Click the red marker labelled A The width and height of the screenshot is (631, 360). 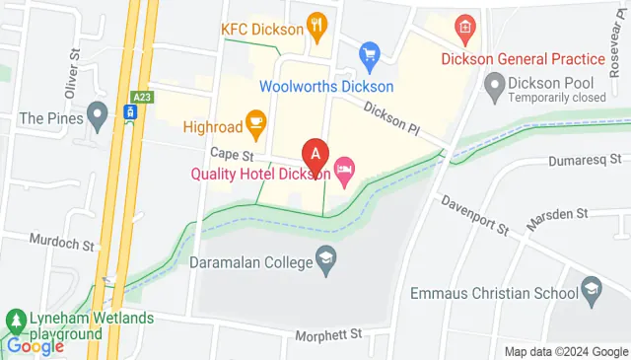315,155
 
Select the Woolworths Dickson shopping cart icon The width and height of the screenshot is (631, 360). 370,52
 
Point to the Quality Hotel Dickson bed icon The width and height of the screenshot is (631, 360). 344,172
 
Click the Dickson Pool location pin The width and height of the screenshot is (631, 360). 494,89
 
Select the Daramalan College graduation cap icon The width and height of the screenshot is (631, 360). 325,259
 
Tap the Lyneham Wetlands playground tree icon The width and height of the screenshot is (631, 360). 16,321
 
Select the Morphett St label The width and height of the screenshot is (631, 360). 329,335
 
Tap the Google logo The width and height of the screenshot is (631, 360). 35,346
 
